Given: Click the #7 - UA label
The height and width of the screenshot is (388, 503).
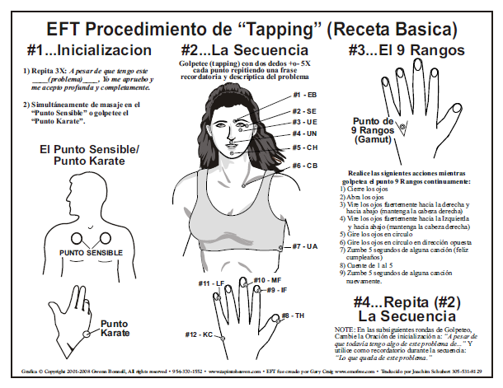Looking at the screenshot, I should click(x=305, y=246).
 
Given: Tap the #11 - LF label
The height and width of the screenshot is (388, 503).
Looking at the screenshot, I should click(x=211, y=284).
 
